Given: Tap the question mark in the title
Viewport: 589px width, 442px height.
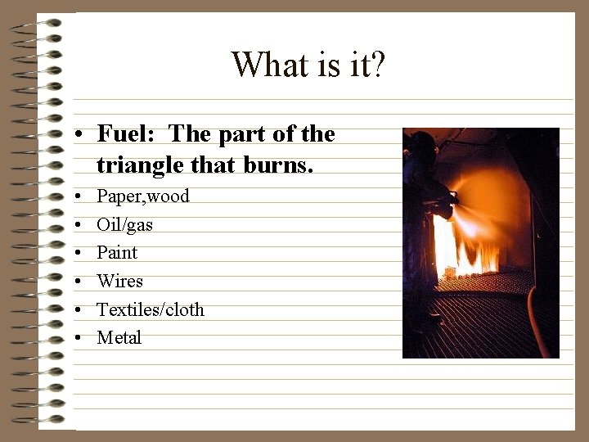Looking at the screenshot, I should tap(377, 64).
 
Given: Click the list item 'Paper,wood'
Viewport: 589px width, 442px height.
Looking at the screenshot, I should tap(143, 196).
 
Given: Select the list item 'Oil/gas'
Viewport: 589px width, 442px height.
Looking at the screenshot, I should tap(124, 224).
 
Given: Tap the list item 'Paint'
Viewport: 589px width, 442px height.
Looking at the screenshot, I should tap(117, 252).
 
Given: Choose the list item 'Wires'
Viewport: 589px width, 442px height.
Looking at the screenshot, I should tap(119, 281).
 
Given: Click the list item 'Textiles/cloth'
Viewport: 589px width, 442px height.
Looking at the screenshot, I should tap(151, 309).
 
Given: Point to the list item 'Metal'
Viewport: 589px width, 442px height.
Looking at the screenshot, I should tap(119, 337).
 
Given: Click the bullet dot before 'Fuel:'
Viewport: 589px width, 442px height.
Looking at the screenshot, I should tap(74, 134).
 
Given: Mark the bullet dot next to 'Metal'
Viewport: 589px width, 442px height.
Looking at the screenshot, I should tap(74, 338).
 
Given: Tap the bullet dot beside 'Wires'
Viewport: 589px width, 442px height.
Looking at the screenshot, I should tap(74, 282).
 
